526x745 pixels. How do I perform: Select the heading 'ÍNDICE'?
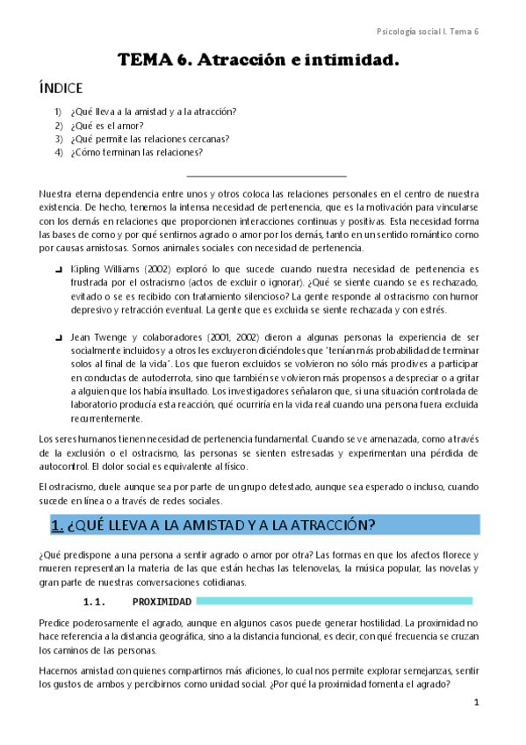[x=61, y=89]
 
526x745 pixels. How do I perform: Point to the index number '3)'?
[x=58, y=138]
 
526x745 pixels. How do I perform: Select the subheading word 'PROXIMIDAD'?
[x=162, y=602]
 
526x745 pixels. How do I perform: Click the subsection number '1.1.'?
[x=94, y=602]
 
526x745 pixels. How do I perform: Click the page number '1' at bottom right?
[x=476, y=703]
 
